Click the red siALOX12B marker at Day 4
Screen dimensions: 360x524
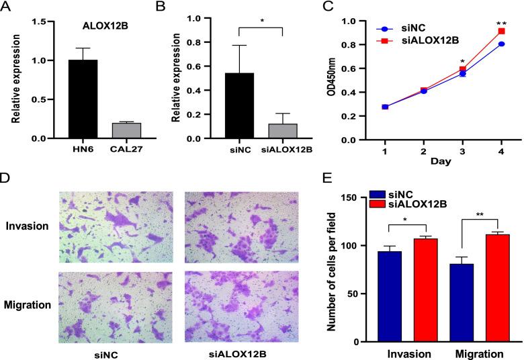coord(501,32)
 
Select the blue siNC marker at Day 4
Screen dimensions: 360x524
coord(501,44)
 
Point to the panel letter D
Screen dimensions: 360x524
coord(5,179)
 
